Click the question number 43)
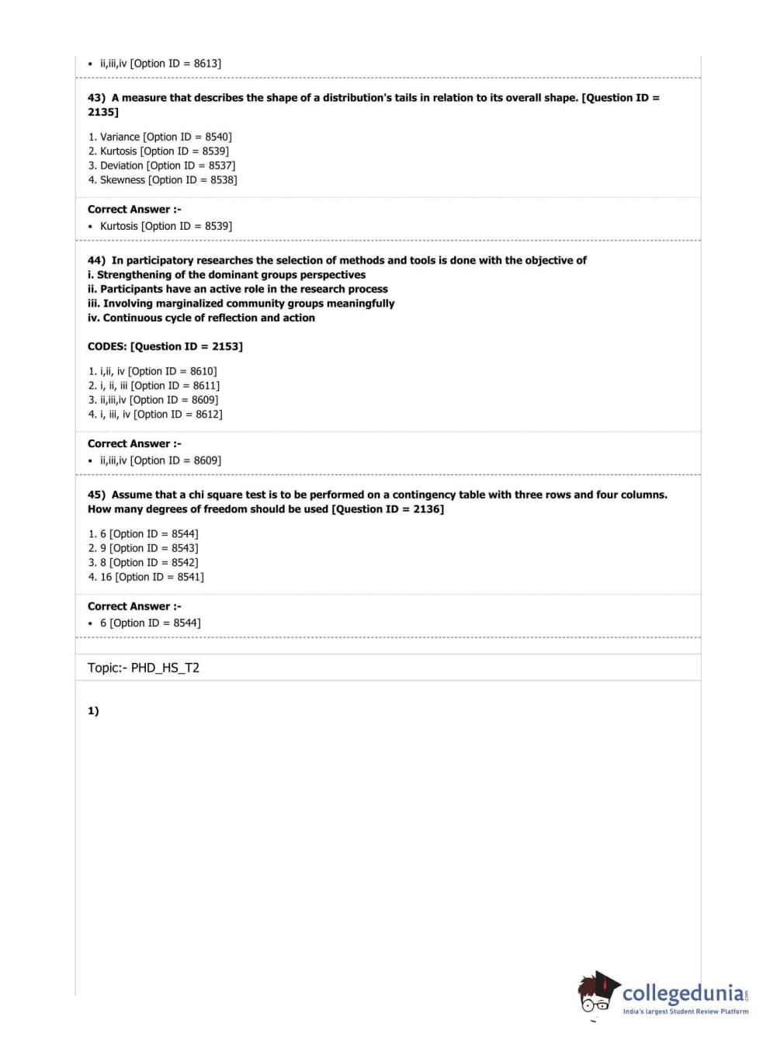click(96, 98)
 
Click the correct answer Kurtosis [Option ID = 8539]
click(165, 226)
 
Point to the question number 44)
click(96, 260)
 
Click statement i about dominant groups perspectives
click(227, 275)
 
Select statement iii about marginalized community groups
click(241, 304)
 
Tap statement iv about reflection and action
click(201, 318)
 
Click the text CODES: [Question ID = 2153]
click(165, 346)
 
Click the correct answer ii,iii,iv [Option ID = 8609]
click(160, 460)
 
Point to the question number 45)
click(96, 495)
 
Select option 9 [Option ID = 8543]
click(149, 548)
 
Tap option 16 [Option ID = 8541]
click(151, 577)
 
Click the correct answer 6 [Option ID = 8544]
click(150, 623)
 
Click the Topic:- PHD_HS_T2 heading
click(144, 668)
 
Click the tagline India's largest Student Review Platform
click(685, 1012)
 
